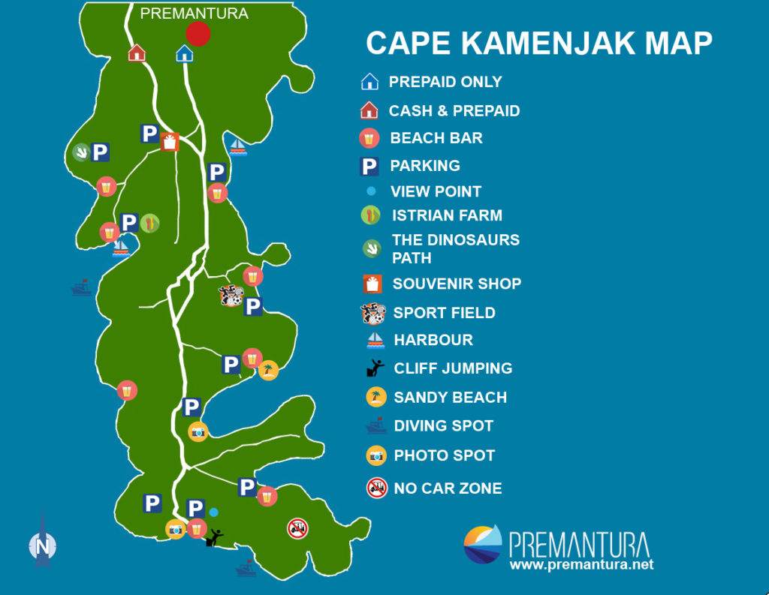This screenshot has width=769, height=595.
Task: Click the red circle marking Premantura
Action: click(x=198, y=34)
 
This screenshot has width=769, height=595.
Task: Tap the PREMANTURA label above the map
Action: click(x=194, y=14)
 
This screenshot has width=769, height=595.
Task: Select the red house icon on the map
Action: click(x=137, y=53)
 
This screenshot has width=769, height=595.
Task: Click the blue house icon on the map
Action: click(x=184, y=53)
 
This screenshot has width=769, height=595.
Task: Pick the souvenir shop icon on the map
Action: click(x=170, y=141)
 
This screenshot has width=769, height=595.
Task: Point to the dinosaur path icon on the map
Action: click(x=80, y=152)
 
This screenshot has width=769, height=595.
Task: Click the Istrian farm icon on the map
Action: click(x=149, y=223)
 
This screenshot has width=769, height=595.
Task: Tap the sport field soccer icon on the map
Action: click(x=231, y=296)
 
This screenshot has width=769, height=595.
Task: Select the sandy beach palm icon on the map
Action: click(x=268, y=370)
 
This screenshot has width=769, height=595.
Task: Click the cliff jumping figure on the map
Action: click(x=215, y=537)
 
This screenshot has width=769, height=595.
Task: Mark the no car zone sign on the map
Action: click(x=297, y=528)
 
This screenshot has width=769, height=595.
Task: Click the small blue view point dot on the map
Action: click(x=214, y=512)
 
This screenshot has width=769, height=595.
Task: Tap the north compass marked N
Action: click(x=43, y=545)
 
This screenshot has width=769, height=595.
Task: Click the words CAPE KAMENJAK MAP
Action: click(x=538, y=44)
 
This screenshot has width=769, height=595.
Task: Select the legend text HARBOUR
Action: click(x=433, y=340)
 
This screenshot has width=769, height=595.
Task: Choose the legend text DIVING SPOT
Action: click(x=443, y=426)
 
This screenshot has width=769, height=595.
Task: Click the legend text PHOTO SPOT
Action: click(x=444, y=455)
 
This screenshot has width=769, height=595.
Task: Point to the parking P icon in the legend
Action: click(x=369, y=167)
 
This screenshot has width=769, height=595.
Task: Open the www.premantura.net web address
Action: click(x=581, y=564)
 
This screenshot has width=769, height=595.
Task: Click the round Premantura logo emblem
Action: click(x=482, y=544)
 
